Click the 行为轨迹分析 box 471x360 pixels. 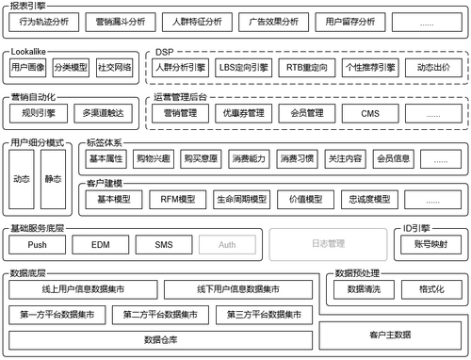(x=42, y=20)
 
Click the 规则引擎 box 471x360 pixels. (x=38, y=113)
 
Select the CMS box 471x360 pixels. (x=369, y=113)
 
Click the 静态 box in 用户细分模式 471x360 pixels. (x=53, y=177)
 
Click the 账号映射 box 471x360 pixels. (x=430, y=244)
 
